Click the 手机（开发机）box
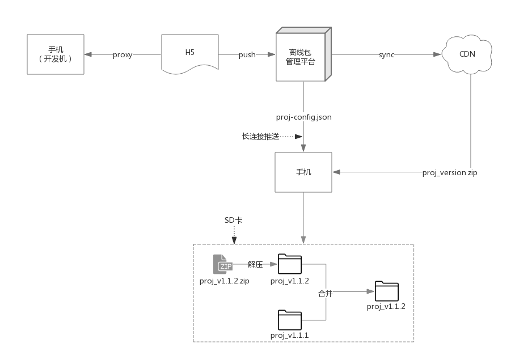(x=56, y=54)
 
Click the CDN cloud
(x=467, y=54)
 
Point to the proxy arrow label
(x=123, y=55)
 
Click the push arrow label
(x=247, y=55)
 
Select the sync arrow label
(x=386, y=55)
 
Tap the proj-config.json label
(x=303, y=117)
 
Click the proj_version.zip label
(x=450, y=172)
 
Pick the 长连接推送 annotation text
(x=260, y=136)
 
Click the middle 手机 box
(x=303, y=172)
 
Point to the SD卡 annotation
(x=233, y=220)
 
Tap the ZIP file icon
(x=223, y=264)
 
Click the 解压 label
(x=255, y=264)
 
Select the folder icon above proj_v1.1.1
(x=289, y=320)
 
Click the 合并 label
(x=325, y=294)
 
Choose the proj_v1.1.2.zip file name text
(x=225, y=281)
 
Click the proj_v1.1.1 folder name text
(x=289, y=336)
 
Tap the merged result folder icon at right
(x=386, y=291)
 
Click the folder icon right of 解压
(x=289, y=264)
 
